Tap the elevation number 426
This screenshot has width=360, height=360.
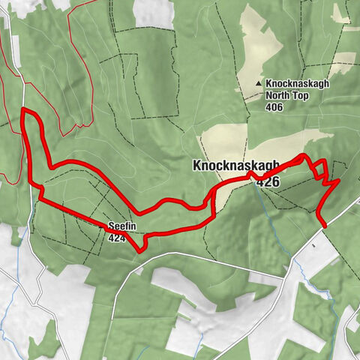point(268,181)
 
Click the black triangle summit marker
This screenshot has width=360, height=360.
point(259,84)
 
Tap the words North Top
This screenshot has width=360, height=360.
point(286,95)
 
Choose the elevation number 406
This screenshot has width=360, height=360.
point(275,107)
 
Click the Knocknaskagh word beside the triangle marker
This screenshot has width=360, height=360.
point(297,83)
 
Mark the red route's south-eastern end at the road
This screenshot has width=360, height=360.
point(323,223)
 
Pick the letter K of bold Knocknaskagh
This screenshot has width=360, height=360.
point(197,165)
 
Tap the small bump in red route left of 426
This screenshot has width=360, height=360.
point(250,174)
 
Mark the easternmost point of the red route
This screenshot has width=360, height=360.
point(339,180)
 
